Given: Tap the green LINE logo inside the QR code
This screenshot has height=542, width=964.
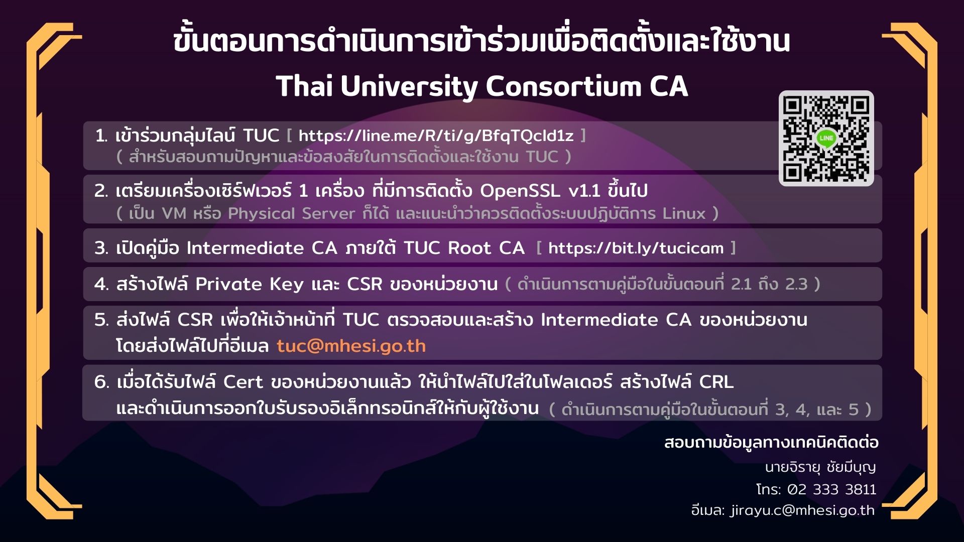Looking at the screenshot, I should (x=826, y=138).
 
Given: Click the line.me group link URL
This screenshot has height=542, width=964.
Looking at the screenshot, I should (x=436, y=135).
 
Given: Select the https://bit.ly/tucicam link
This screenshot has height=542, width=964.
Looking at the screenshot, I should (x=636, y=248).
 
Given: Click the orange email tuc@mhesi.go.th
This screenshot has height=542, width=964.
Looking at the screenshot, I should (x=351, y=346).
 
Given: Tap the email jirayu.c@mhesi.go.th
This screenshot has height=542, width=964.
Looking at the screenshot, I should (x=802, y=510).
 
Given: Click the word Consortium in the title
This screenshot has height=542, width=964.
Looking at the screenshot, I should (x=563, y=86).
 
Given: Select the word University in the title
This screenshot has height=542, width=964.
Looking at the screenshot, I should (x=409, y=86).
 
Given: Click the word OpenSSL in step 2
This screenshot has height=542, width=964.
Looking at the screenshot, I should (x=520, y=191).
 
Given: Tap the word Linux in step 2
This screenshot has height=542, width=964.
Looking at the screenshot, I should (x=684, y=213).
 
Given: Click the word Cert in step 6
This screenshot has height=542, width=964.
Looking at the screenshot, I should (x=243, y=382).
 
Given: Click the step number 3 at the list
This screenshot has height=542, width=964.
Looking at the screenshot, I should (x=101, y=248).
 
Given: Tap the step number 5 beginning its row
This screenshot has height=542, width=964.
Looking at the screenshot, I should (x=101, y=320).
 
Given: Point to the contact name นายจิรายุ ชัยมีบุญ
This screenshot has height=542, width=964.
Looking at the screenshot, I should (x=820, y=467).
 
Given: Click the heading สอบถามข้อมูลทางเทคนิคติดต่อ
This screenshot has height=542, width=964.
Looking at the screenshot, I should (x=771, y=442).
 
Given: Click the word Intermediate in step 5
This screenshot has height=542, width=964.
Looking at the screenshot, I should (x=599, y=320).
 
